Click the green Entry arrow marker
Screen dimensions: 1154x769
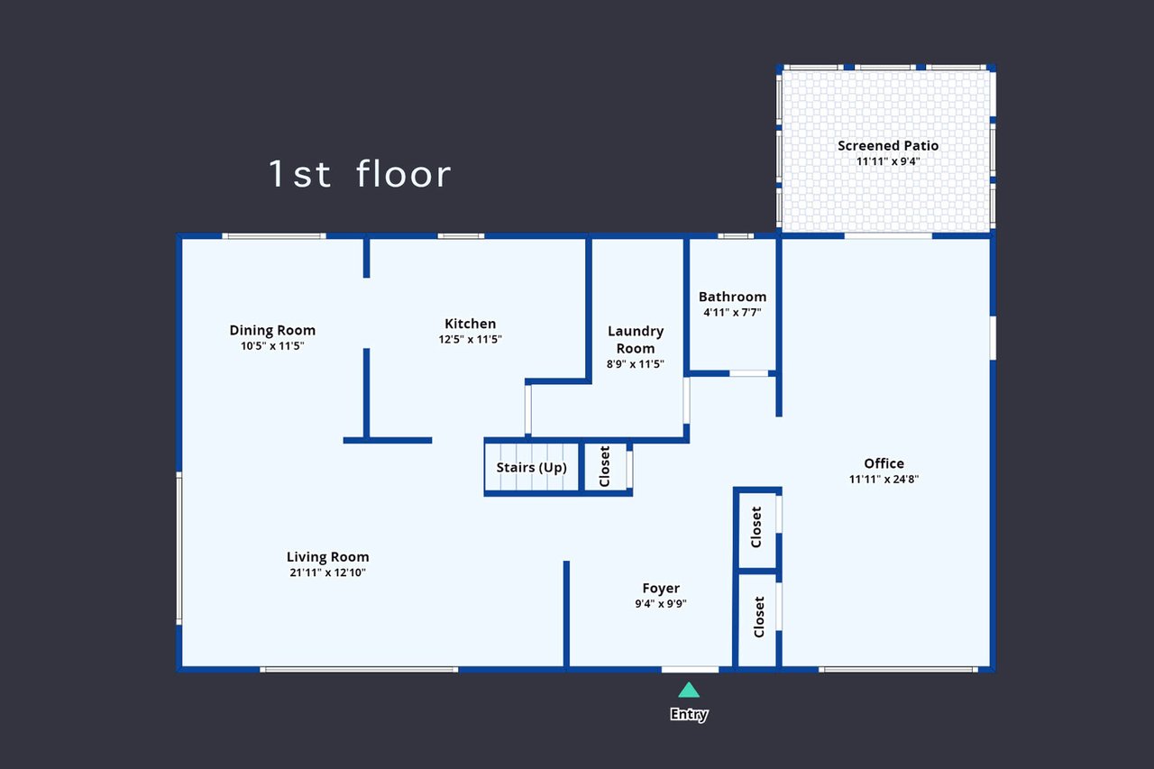[689, 690]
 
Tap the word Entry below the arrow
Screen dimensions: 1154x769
[689, 714]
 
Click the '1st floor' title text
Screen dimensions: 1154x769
[360, 174]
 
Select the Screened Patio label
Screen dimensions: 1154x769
[888, 146]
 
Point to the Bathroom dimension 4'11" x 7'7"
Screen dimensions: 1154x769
[732, 312]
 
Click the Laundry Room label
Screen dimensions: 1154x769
[636, 340]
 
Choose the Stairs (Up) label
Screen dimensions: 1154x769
[531, 467]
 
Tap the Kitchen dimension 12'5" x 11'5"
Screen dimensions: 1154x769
[470, 339]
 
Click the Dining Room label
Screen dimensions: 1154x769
[272, 330]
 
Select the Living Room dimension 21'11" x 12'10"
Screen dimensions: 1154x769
[327, 572]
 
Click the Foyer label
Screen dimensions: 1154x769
[661, 588]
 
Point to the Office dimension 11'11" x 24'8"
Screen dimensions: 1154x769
[884, 479]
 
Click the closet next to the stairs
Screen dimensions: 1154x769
[605, 467]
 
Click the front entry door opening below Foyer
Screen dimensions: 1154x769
[690, 669]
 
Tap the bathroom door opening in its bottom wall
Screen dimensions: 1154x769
[748, 373]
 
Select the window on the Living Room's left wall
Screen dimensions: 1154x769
[179, 548]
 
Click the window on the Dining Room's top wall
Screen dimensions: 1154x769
[274, 236]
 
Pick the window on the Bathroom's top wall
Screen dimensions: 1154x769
[736, 236]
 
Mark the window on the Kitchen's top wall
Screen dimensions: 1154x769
[461, 236]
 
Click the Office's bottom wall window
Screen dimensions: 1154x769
[898, 669]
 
